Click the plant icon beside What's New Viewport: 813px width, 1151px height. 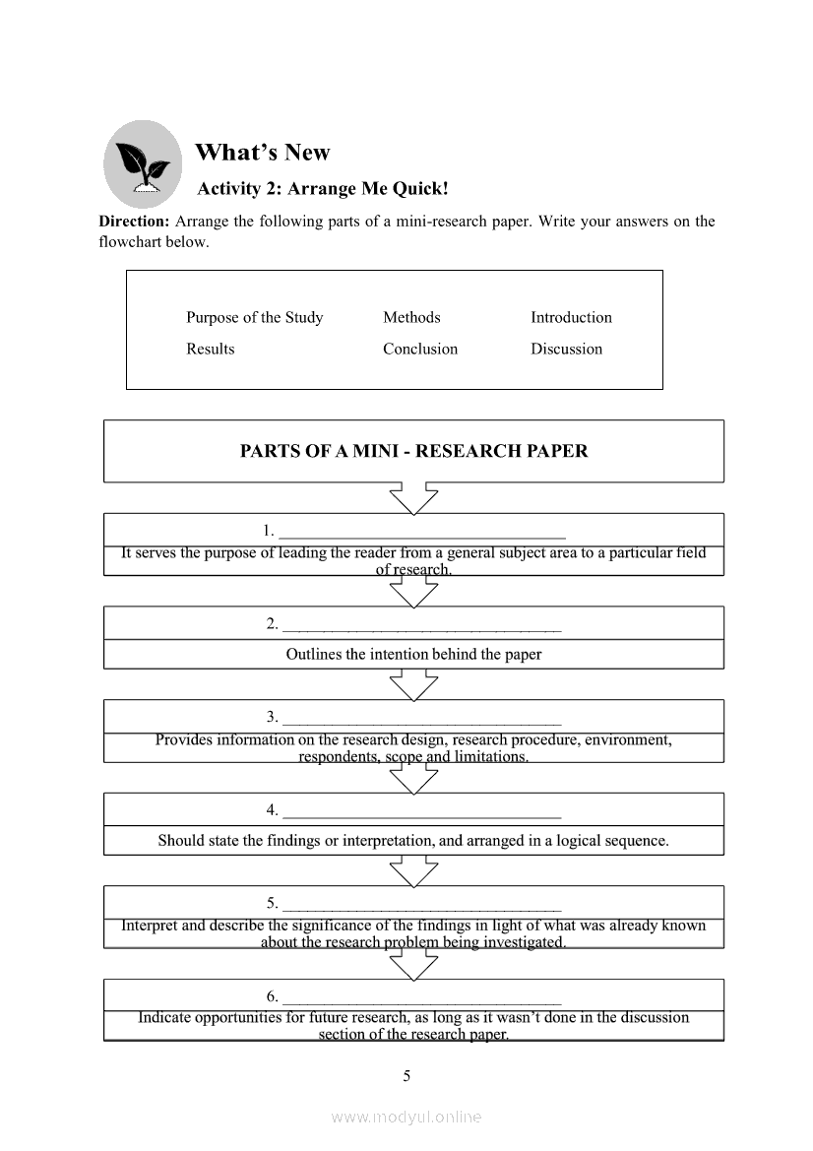[x=143, y=163]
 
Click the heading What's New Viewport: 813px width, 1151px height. [x=263, y=153]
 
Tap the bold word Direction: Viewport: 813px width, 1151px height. [x=134, y=222]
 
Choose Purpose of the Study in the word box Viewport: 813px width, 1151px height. [x=254, y=317]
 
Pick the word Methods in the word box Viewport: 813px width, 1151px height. [x=411, y=317]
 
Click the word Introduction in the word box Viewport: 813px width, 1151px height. [x=571, y=317]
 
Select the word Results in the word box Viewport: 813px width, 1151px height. [x=211, y=349]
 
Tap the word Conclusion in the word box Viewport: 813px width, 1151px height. [x=420, y=349]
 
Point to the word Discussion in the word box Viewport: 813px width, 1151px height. [x=566, y=349]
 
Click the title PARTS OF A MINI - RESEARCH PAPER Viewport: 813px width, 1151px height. [x=413, y=452]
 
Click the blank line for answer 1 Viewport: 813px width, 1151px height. [x=422, y=535]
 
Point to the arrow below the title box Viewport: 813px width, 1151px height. [x=413, y=497]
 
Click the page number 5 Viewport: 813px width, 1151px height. [x=406, y=1075]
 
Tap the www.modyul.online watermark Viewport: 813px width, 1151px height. [x=406, y=1117]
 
